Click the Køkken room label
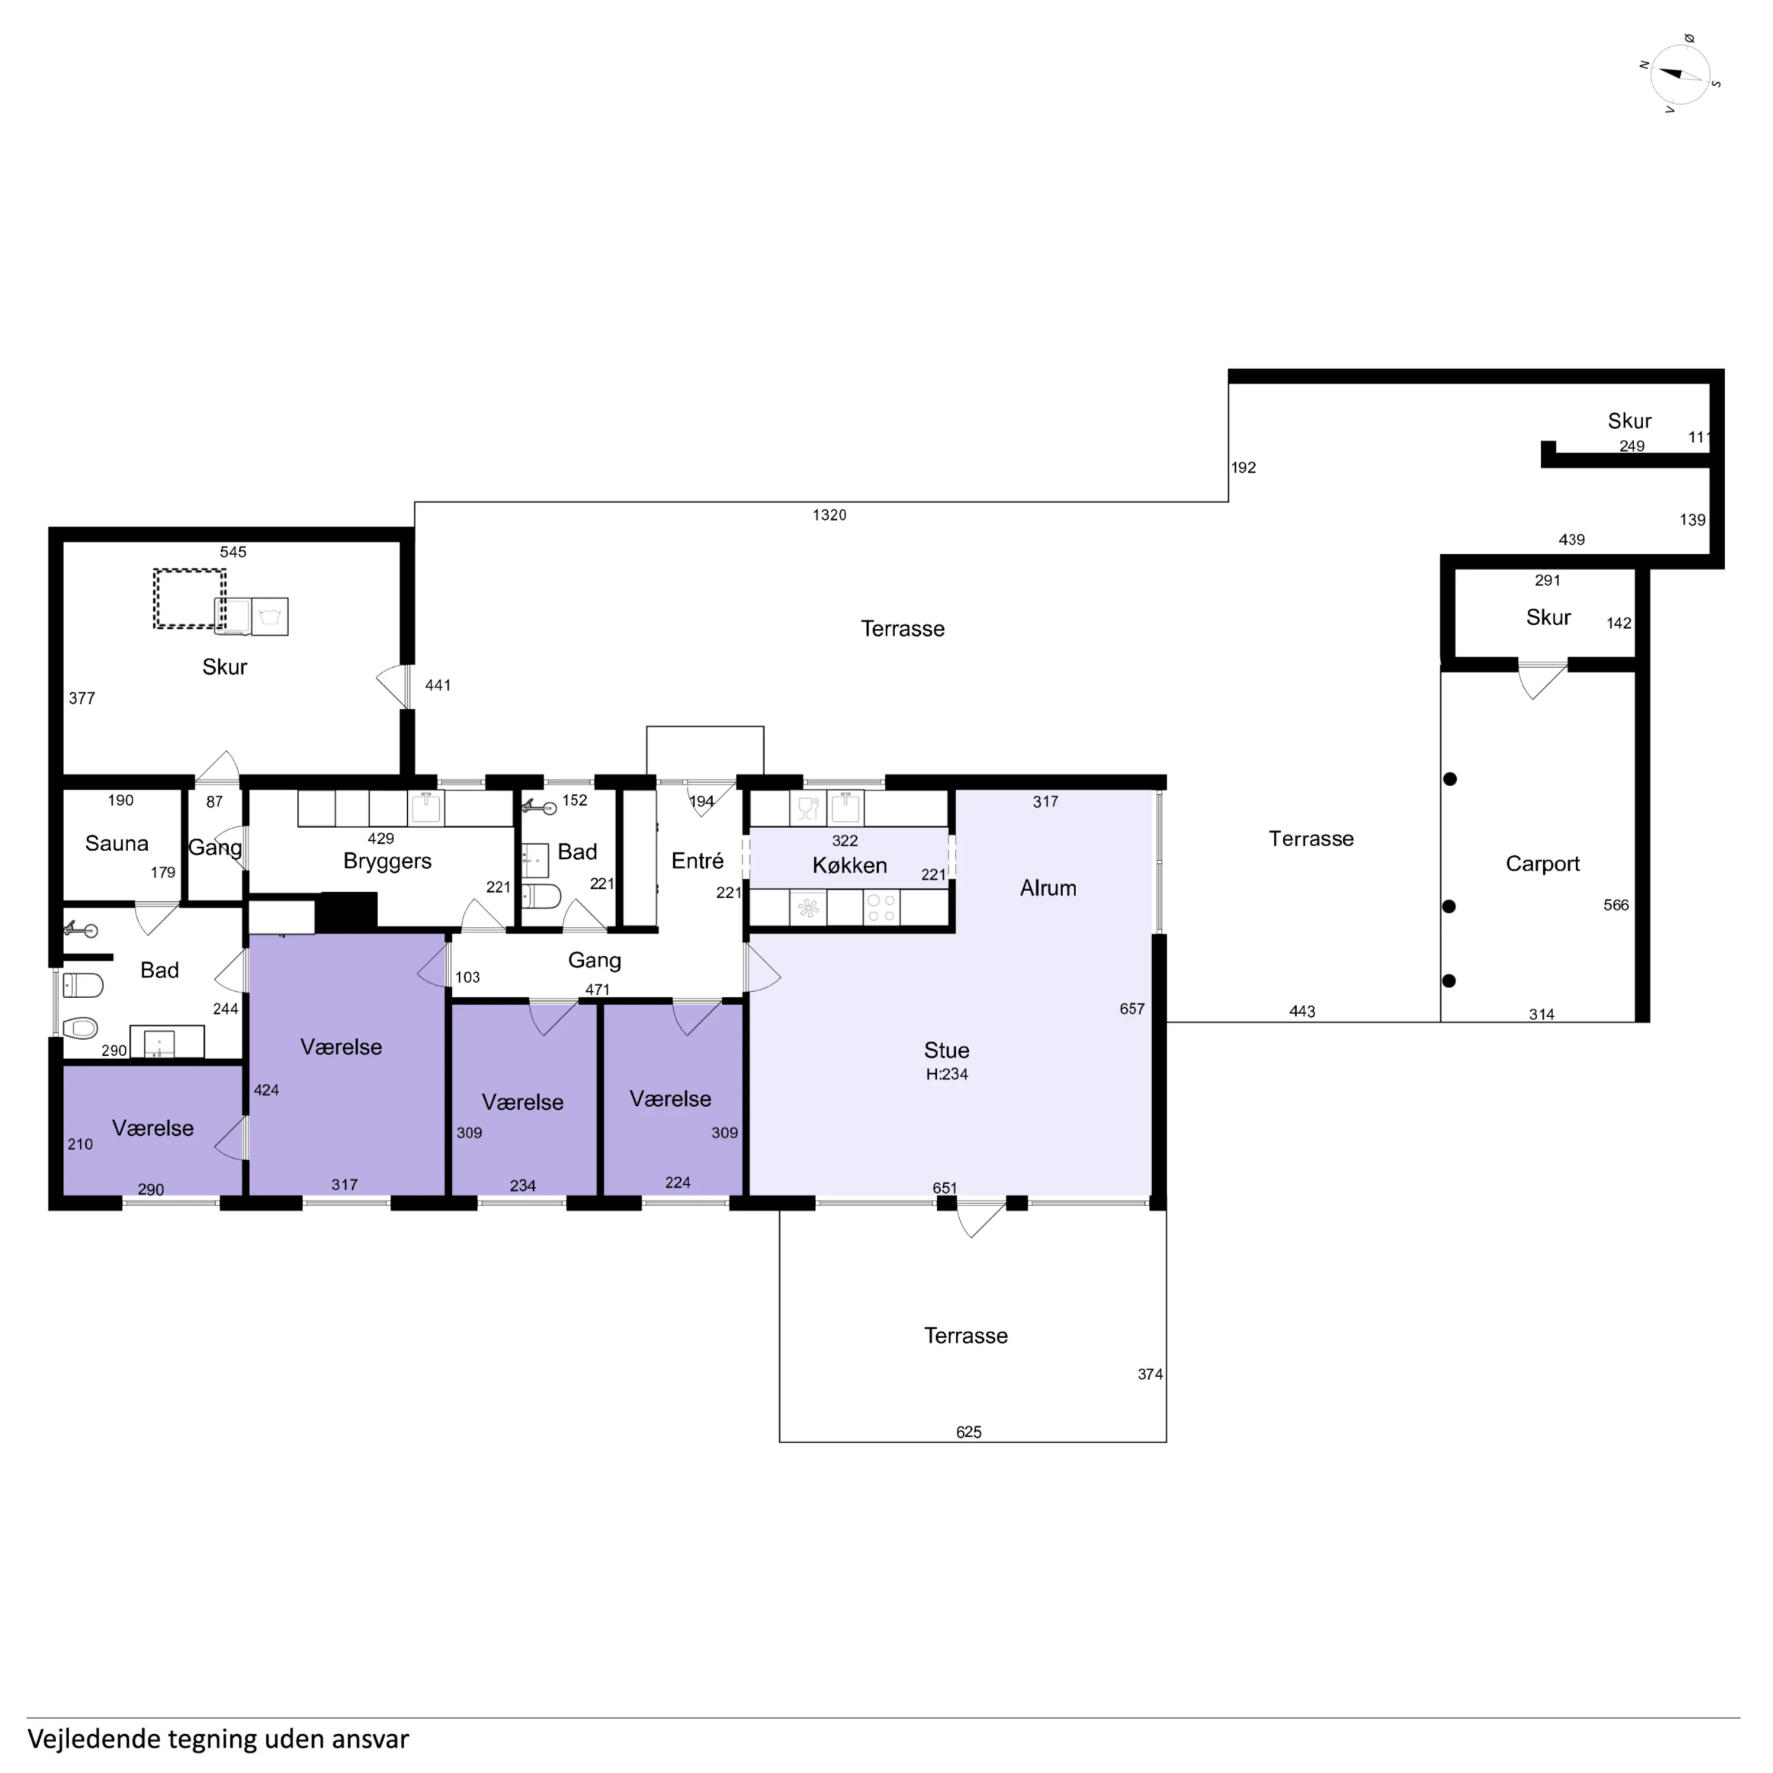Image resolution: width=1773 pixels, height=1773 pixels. (x=850, y=865)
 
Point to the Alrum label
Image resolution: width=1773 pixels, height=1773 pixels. (x=1048, y=888)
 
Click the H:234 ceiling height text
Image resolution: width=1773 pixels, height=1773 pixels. (x=947, y=1074)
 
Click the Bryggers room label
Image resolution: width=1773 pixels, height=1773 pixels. (x=387, y=862)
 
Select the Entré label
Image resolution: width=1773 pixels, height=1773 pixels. (x=697, y=861)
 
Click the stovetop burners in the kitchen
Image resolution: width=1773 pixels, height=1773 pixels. (x=882, y=908)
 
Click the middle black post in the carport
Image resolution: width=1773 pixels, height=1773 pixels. (x=1449, y=907)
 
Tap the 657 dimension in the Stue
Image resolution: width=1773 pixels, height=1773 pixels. (x=1132, y=1009)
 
